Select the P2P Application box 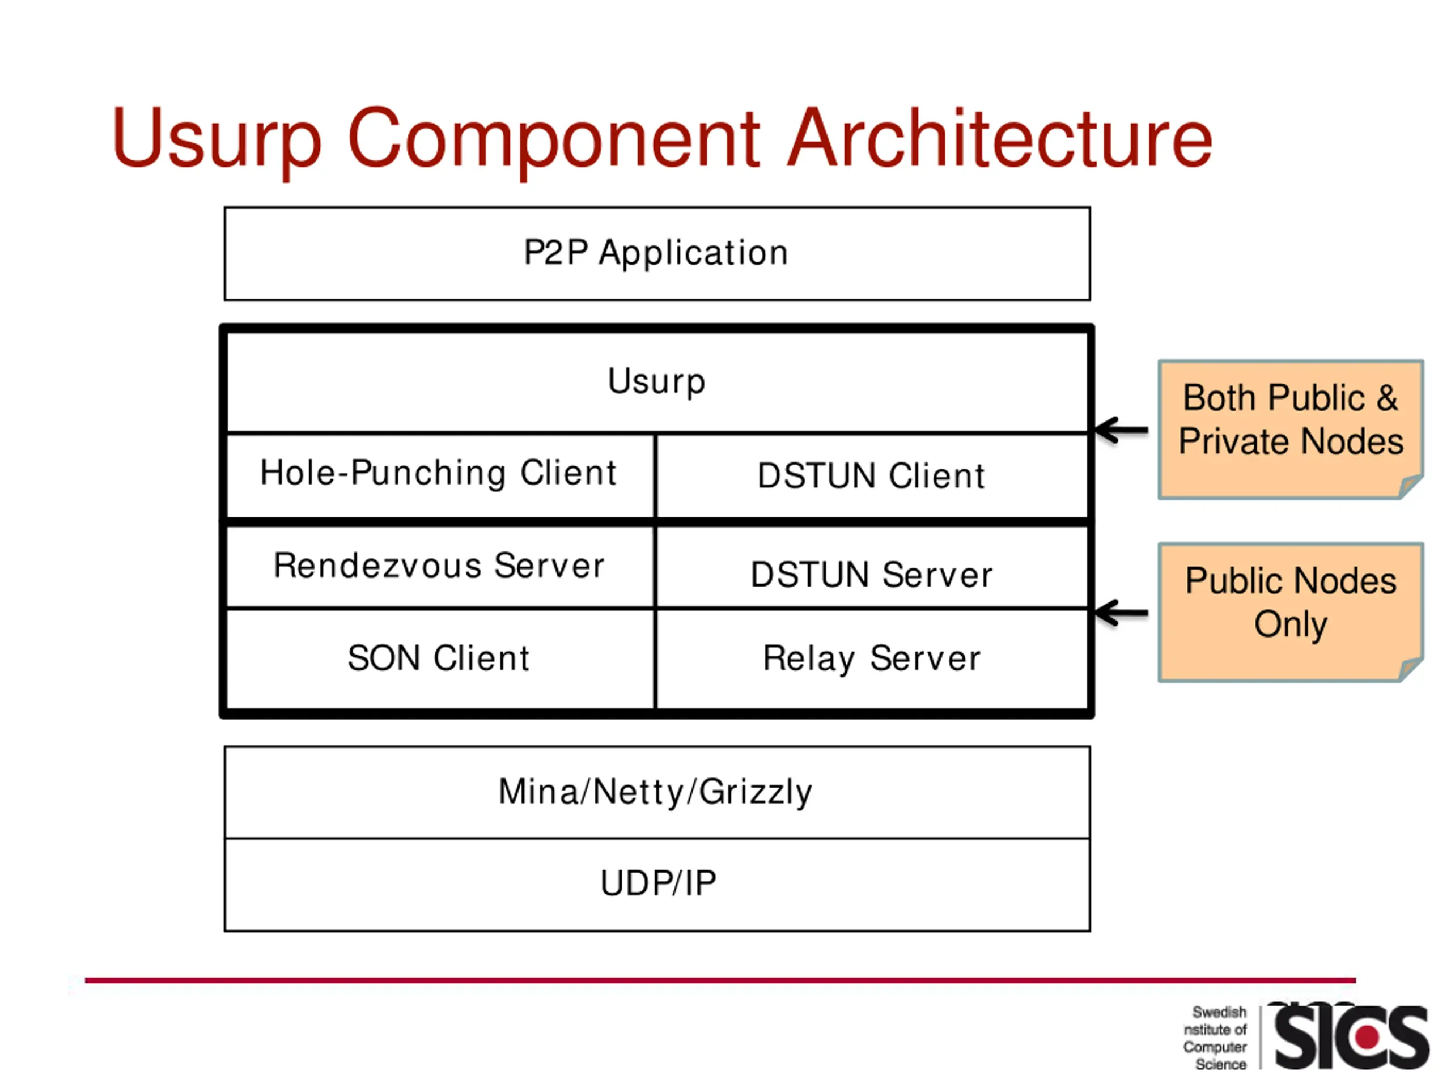pyautogui.click(x=657, y=254)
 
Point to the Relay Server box pyautogui.click(x=872, y=659)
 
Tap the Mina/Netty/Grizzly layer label pyautogui.click(x=655, y=792)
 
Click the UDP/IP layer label pyautogui.click(x=658, y=883)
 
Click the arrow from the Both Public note pyautogui.click(x=1122, y=430)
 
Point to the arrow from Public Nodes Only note pyautogui.click(x=1122, y=613)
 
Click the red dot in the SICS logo pyautogui.click(x=1368, y=1037)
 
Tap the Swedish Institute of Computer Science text pyautogui.click(x=1215, y=1038)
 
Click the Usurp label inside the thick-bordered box pyautogui.click(x=656, y=382)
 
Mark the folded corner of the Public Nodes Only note pyautogui.click(x=1410, y=670)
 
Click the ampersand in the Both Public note pyautogui.click(x=1387, y=398)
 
